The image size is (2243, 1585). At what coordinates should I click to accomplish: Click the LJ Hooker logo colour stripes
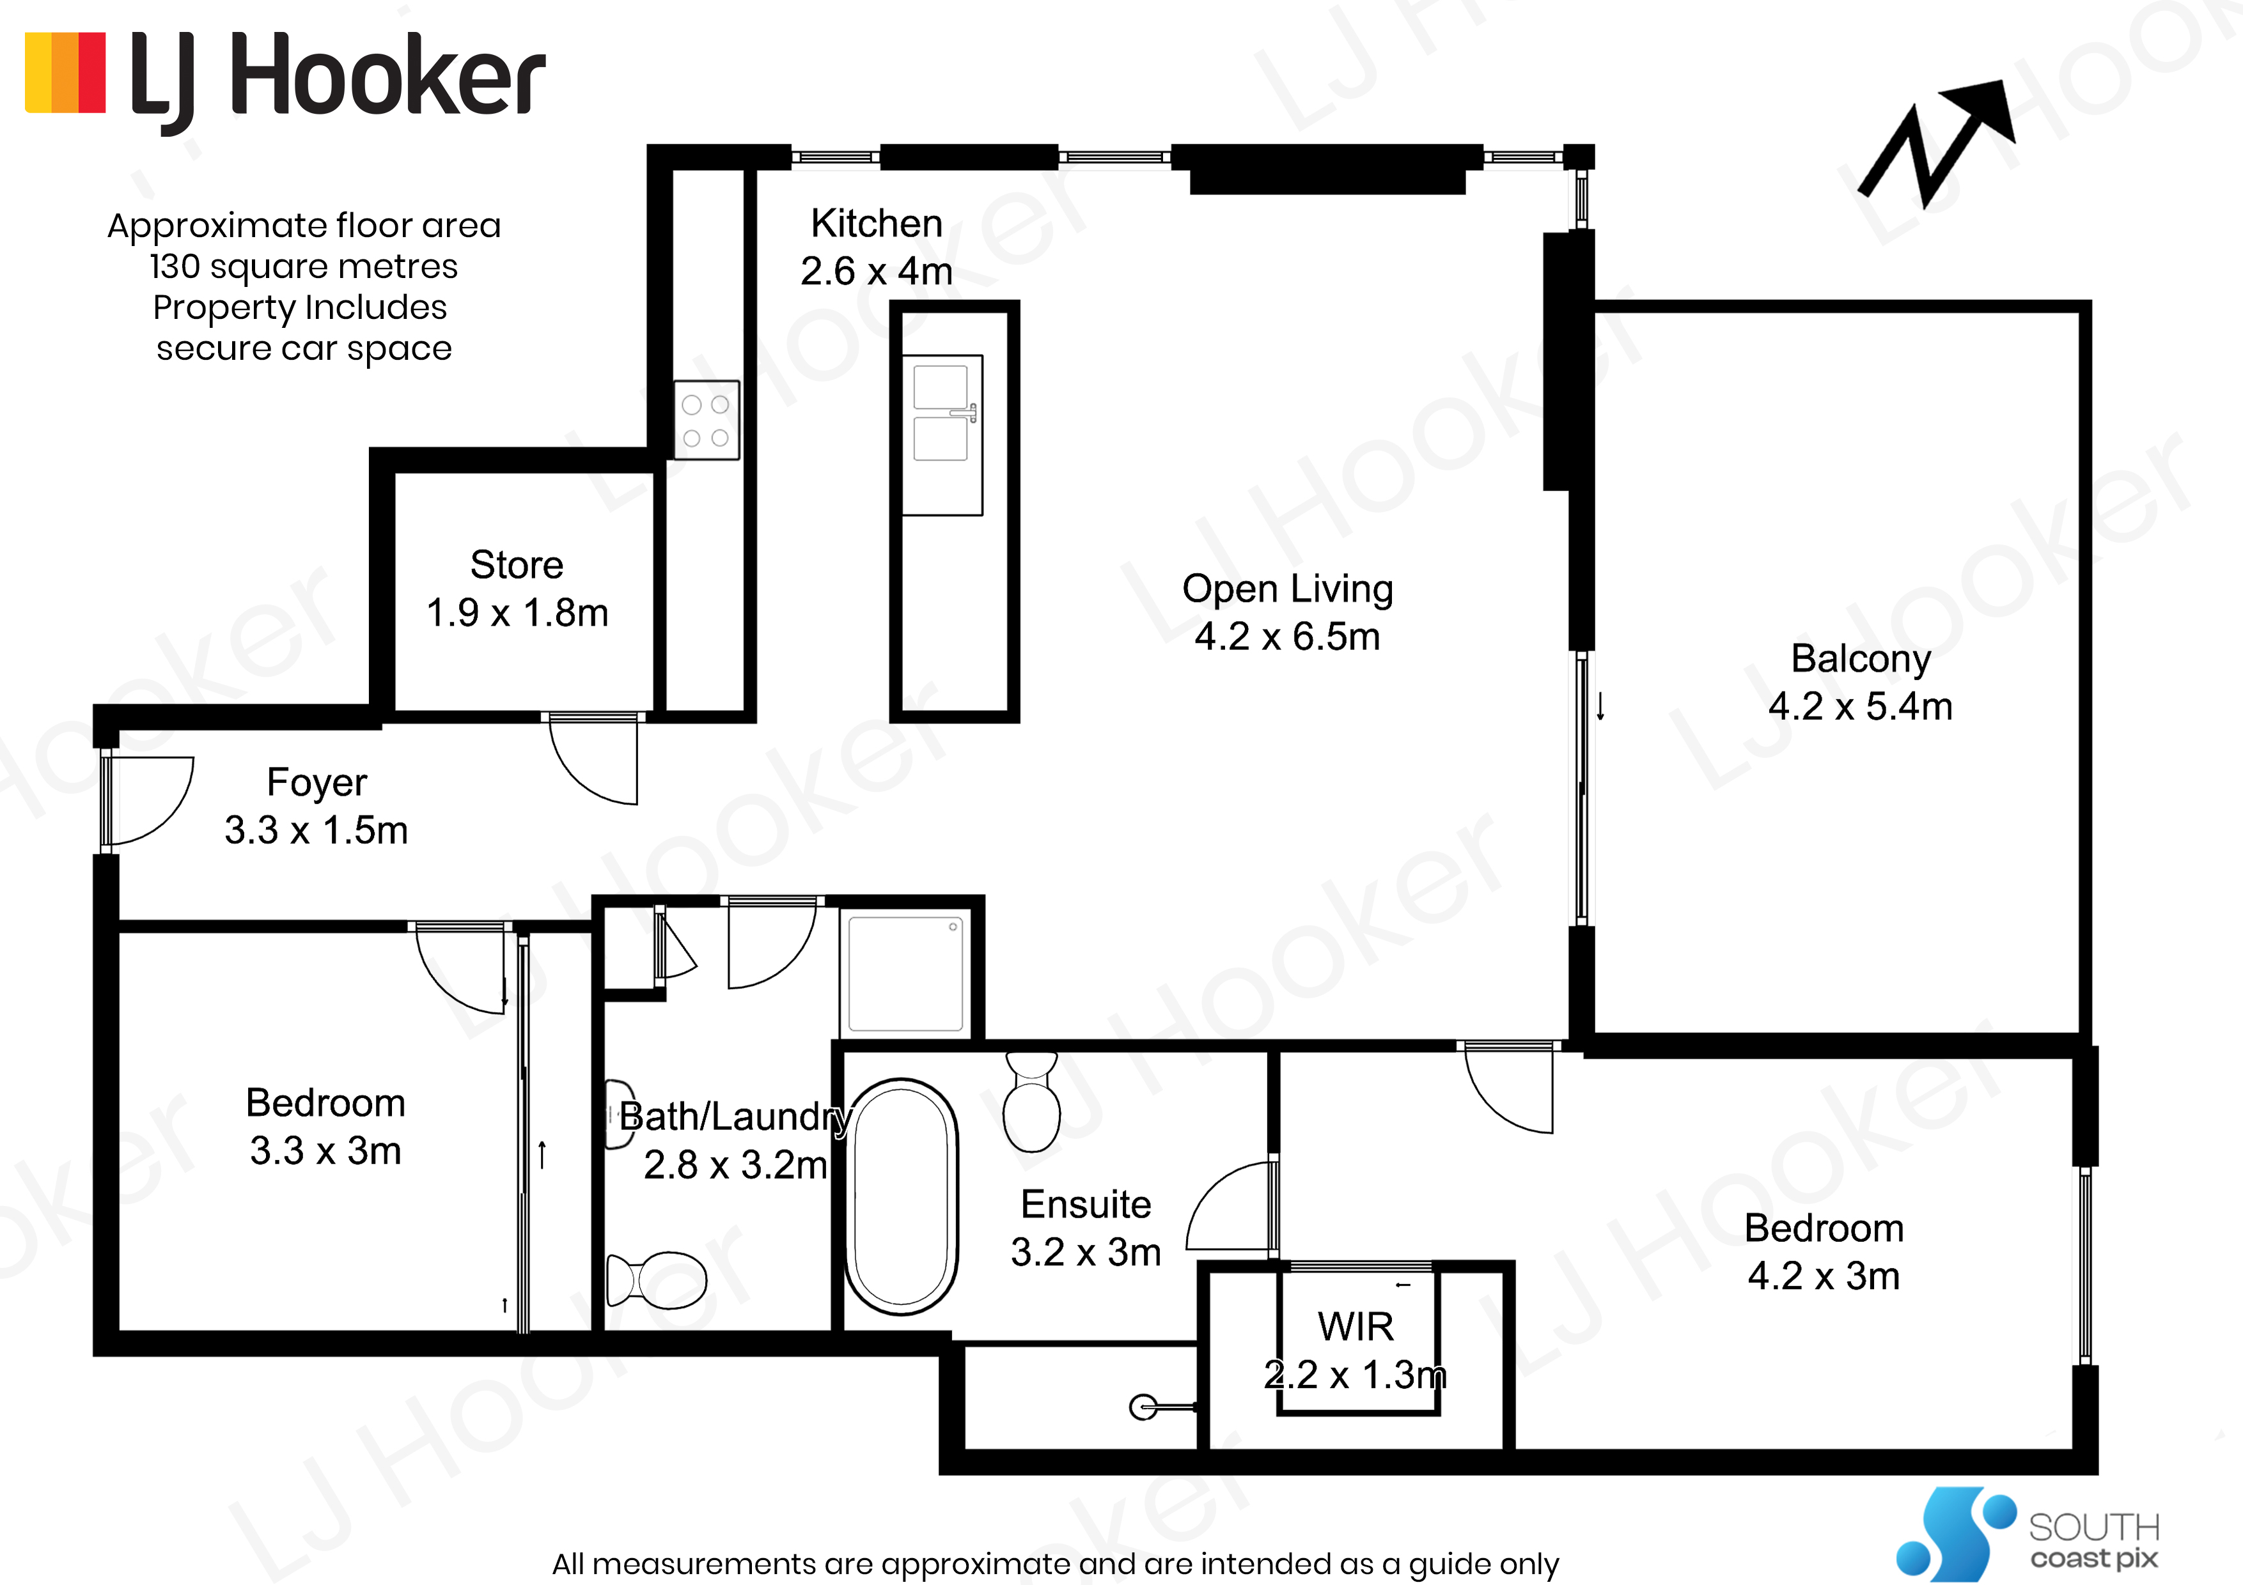65,73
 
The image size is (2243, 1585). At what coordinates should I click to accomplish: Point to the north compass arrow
1936,144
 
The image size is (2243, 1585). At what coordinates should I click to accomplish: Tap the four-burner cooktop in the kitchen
707,420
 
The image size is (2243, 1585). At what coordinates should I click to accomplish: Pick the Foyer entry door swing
148,800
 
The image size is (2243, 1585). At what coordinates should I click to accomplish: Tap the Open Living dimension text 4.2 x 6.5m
1286,637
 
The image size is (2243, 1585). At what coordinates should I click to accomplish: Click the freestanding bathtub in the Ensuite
901,1196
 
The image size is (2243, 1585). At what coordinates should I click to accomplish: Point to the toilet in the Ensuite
1031,1101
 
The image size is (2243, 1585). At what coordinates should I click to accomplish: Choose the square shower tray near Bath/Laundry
905,973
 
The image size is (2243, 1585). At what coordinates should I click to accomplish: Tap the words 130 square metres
304,266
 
